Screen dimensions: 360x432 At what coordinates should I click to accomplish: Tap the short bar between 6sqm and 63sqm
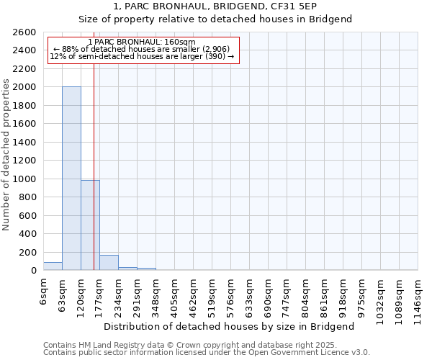tap(53, 266)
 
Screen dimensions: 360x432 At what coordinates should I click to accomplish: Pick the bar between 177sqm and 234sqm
tap(109, 263)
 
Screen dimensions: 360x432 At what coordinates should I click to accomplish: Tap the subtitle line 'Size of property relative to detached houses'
tap(215, 19)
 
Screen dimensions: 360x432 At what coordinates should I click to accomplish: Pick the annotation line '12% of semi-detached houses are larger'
tap(142, 56)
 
